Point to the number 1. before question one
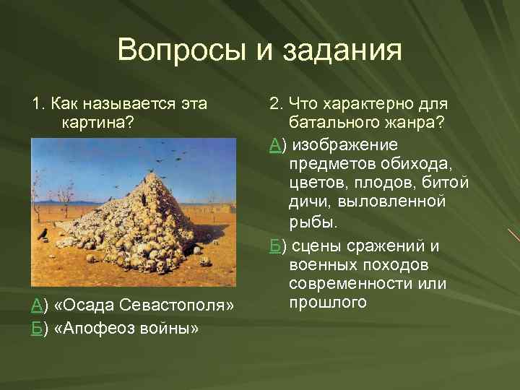[37, 104]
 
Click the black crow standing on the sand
[43, 233]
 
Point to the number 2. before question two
[275, 104]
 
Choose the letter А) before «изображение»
[276, 144]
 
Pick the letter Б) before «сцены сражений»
[276, 246]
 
